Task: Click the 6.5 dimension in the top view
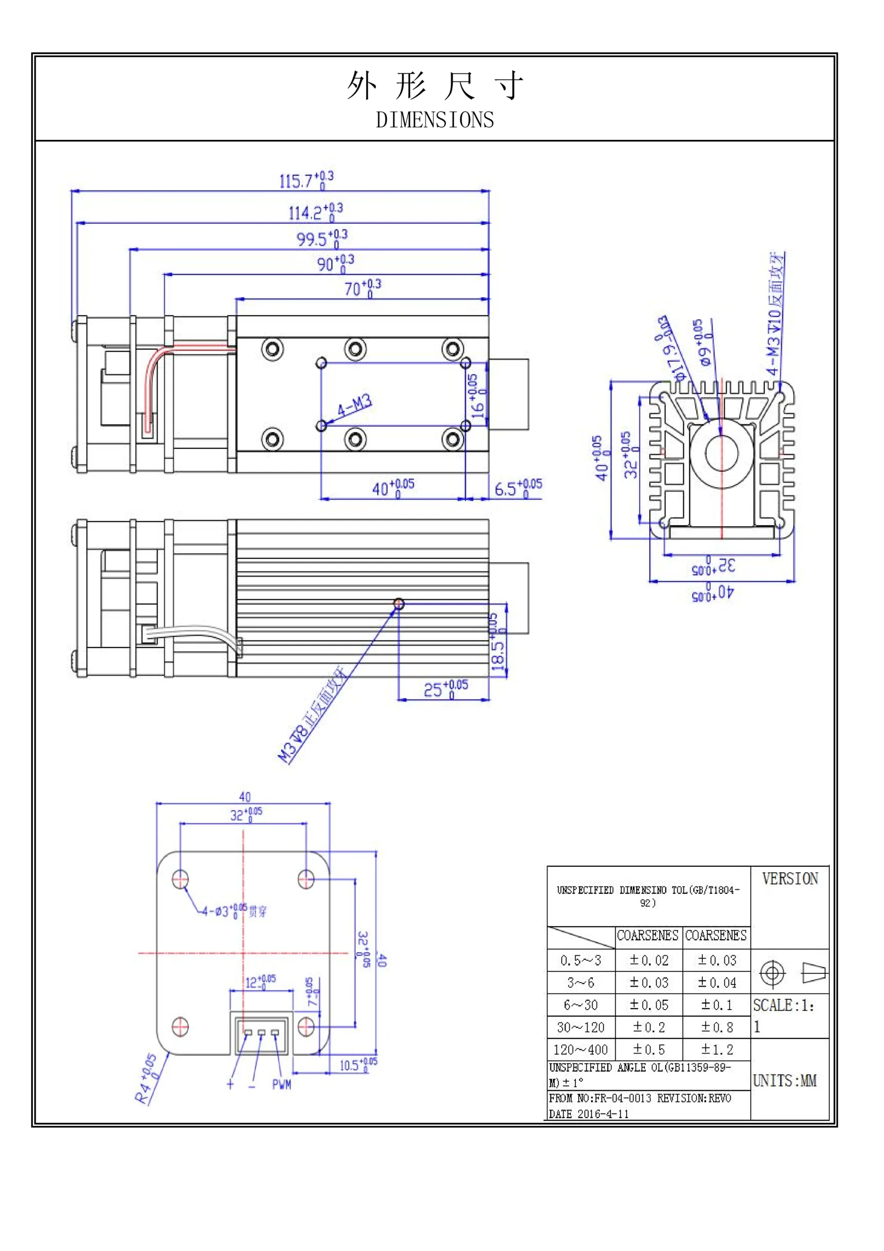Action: pos(517,488)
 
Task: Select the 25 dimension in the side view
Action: pos(445,689)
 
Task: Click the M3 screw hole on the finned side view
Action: pos(399,604)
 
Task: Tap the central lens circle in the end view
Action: pos(721,452)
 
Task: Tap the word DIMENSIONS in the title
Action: pos(435,120)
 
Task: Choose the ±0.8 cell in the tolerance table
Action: pos(716,1028)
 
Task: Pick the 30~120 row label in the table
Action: pos(581,1028)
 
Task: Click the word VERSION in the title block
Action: pos(789,879)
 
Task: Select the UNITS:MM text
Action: pos(784,1081)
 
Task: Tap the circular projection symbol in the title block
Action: pos(772,973)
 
